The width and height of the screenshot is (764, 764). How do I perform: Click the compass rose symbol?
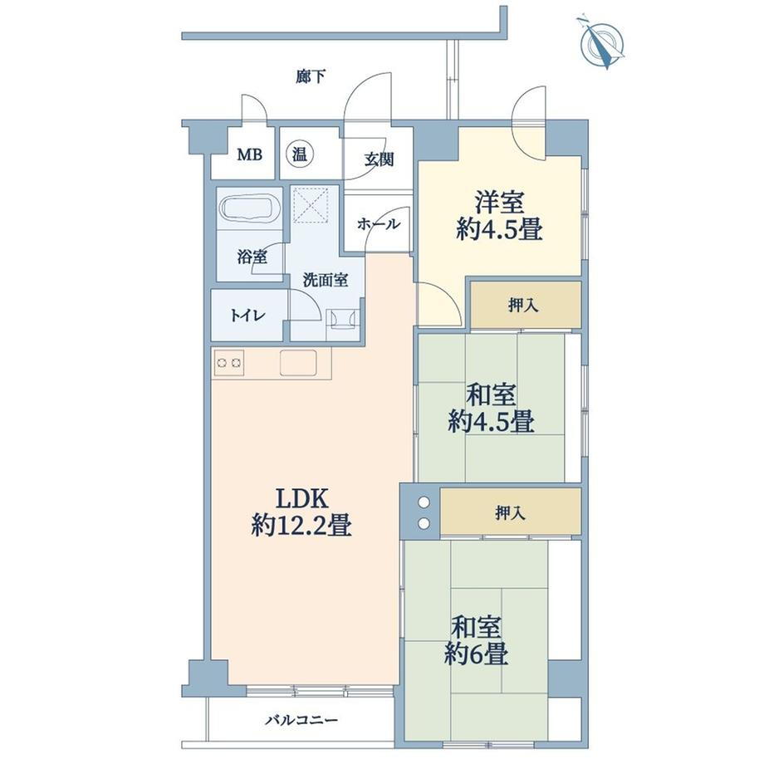pos(601,43)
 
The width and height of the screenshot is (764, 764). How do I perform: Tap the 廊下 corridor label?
pos(311,76)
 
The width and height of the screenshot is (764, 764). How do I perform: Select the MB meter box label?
pos(249,155)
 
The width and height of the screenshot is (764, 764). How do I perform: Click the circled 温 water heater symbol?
pos(299,154)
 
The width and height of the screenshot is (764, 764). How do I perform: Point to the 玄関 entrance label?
pos(379,159)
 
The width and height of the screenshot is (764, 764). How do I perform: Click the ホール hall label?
pos(379,224)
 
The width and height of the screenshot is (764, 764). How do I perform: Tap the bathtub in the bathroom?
pos(250,209)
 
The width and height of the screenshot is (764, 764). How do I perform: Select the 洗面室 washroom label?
pos(325,280)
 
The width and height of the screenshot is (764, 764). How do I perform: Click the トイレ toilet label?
pos(247,316)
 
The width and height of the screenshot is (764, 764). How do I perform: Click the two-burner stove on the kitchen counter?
pos(228,363)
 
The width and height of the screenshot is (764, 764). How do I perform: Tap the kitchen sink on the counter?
pos(297,363)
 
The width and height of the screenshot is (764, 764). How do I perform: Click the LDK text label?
pos(301,499)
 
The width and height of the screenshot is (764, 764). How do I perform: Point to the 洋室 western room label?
pos(499,203)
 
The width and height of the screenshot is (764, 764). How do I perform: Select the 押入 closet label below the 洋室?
pos(523,306)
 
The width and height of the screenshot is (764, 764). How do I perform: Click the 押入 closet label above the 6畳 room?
pos(510,512)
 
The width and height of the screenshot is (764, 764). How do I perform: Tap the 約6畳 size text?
pos(477,654)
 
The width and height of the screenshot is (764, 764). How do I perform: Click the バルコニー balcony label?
pos(301,720)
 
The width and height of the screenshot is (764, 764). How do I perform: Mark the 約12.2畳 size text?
pos(301,526)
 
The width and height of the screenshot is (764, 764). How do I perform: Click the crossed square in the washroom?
pos(311,205)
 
